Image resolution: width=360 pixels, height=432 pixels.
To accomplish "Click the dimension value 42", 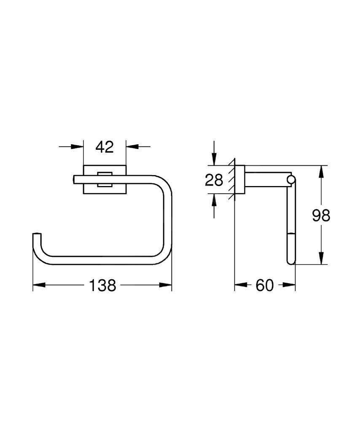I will coord(105,147).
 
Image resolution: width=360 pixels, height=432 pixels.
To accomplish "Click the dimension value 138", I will coord(102,286).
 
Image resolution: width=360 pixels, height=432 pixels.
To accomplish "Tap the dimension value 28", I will coord(214,180).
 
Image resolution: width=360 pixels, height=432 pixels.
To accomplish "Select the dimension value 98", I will coord(321,216).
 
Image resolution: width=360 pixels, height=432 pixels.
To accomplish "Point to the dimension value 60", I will coord(265,286).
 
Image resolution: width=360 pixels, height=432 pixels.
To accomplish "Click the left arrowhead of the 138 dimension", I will coord(38,286).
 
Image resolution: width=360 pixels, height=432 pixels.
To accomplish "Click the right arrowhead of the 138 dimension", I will coord(167,286).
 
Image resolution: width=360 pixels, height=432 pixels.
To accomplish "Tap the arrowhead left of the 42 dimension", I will coord(78,147).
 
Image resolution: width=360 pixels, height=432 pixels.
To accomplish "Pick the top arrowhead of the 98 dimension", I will coord(321,171).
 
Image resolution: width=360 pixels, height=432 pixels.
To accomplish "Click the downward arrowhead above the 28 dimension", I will coord(214,160).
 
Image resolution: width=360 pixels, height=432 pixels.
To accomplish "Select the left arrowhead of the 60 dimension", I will coord(239,286).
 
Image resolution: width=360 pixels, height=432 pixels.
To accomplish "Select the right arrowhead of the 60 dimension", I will coord(290,286).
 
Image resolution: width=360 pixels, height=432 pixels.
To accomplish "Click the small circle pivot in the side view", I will coord(290,180).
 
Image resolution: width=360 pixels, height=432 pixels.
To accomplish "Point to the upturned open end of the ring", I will coord(37,235).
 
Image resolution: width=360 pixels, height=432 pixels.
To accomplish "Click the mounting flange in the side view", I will coord(239,179).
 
